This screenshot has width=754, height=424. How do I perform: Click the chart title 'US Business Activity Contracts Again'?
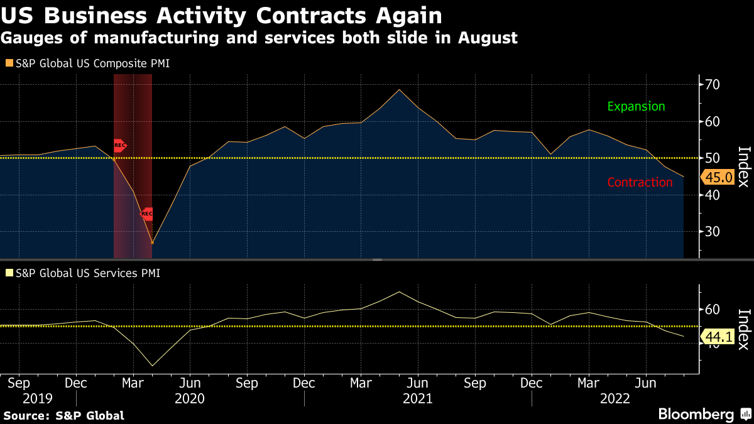click(x=222, y=14)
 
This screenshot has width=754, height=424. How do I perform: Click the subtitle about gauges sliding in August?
click(x=259, y=38)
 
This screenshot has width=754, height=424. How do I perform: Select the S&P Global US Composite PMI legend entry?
click(x=87, y=63)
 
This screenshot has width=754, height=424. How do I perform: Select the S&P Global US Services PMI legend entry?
click(x=82, y=273)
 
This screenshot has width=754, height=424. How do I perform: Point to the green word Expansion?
click(x=636, y=106)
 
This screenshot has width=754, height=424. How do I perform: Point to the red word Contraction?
click(x=640, y=182)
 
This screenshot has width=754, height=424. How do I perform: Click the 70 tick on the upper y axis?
click(x=712, y=85)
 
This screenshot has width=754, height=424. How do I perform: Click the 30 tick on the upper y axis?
click(x=712, y=232)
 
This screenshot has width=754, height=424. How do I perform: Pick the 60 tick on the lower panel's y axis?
click(x=712, y=309)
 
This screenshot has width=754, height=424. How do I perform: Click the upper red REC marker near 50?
click(x=119, y=146)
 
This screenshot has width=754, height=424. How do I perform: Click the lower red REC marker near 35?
click(x=146, y=214)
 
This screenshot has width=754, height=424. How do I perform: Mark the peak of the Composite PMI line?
click(x=399, y=89)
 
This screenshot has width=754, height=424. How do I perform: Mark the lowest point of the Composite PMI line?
click(x=152, y=243)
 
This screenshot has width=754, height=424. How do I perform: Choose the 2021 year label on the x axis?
click(x=418, y=398)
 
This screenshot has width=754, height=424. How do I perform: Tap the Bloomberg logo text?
click(x=696, y=414)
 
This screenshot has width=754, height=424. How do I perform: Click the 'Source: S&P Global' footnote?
click(x=63, y=415)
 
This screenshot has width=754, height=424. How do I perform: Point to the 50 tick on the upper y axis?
click(x=712, y=158)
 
